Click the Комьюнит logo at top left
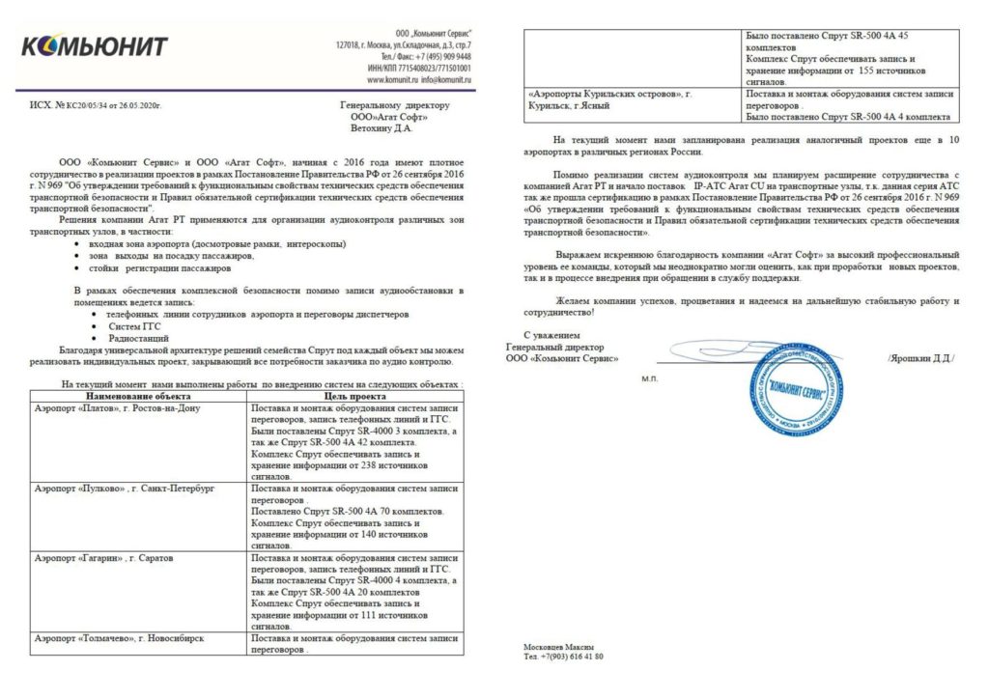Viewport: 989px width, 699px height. pyautogui.click(x=95, y=46)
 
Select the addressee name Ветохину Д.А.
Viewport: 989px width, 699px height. pyautogui.click(x=381, y=126)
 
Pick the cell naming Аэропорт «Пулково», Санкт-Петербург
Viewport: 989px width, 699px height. pyautogui.click(x=124, y=489)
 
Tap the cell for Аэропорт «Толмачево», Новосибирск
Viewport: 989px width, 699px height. pyautogui.click(x=119, y=639)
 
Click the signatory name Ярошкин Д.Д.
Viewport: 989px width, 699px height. pyautogui.click(x=921, y=358)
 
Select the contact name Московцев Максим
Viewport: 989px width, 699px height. pyautogui.click(x=558, y=646)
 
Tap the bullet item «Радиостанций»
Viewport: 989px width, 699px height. pyautogui.click(x=142, y=339)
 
